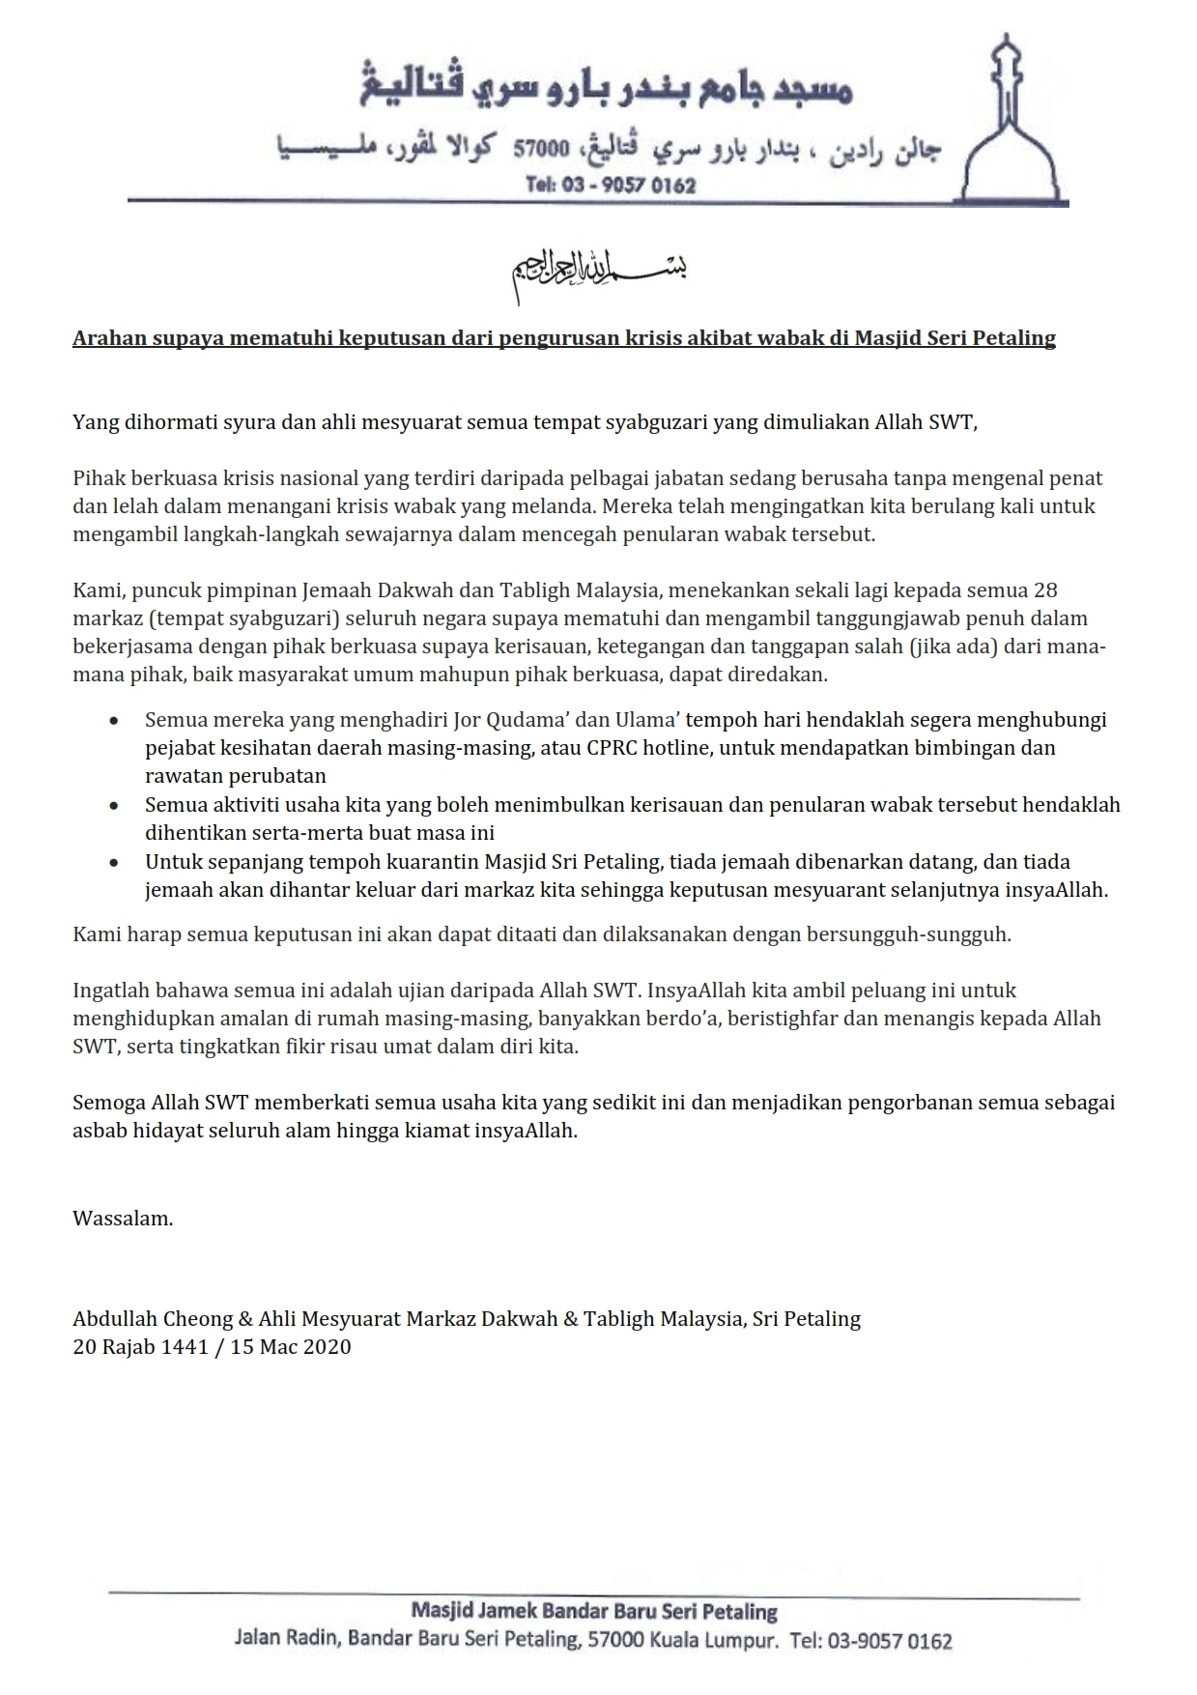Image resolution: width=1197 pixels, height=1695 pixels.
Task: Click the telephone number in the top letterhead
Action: click(611, 185)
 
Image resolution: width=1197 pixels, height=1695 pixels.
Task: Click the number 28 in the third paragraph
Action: click(1045, 590)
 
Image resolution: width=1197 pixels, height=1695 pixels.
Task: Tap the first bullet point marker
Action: click(115, 721)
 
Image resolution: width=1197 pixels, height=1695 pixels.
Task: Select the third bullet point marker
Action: click(115, 863)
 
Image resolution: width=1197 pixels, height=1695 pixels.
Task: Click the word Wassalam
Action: click(123, 1219)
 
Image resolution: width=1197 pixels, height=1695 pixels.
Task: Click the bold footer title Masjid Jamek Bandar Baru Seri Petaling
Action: click(594, 1611)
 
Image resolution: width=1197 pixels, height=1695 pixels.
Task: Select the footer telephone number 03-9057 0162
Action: click(884, 1641)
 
